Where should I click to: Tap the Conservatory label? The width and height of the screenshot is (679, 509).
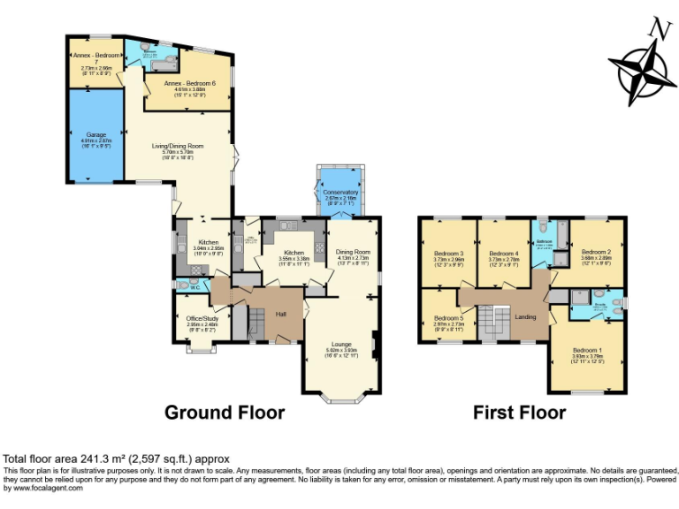pyautogui.click(x=340, y=192)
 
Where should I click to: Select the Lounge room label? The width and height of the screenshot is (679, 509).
pyautogui.click(x=341, y=344)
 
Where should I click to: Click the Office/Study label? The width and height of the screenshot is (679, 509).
pyautogui.click(x=202, y=318)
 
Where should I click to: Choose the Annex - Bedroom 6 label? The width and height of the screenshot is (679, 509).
pyautogui.click(x=187, y=82)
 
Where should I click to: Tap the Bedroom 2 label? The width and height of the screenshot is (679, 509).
pyautogui.click(x=597, y=252)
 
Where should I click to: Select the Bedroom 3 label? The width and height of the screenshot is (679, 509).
pyautogui.click(x=449, y=254)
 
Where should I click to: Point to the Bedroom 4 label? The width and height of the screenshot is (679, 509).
pyautogui.click(x=504, y=254)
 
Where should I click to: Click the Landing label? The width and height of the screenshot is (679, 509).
pyautogui.click(x=525, y=316)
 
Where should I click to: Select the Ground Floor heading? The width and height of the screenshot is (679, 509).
pyautogui.click(x=225, y=413)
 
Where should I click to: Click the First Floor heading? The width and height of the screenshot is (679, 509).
pyautogui.click(x=519, y=413)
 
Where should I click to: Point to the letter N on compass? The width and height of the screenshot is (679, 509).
pyautogui.click(x=656, y=28)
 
